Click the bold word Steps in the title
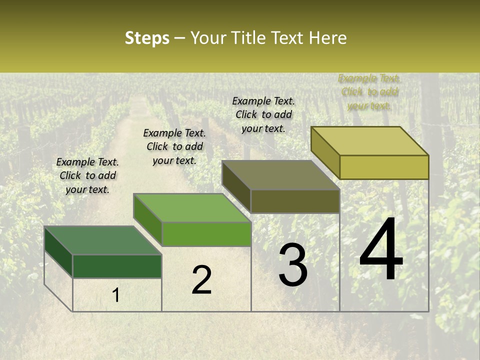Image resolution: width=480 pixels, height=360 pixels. [147, 38]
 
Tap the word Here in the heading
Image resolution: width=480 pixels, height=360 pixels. [327, 38]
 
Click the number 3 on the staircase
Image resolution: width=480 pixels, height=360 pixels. [293, 265]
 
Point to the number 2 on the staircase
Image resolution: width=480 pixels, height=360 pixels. [201, 280]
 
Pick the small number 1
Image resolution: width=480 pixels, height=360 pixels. [116, 295]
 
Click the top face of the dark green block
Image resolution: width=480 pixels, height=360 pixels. [103, 240]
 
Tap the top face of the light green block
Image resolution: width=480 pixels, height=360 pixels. [192, 208]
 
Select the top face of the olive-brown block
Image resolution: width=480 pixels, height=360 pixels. [281, 175]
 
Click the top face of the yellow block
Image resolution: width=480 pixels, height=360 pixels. [370, 141]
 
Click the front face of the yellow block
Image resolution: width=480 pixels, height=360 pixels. [384, 167]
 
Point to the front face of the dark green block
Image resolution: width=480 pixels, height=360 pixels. [117, 266]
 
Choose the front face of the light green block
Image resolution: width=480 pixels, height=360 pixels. [206, 233]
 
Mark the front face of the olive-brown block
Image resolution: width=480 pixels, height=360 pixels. [295, 201]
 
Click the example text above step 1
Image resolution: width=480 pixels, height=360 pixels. [87, 175]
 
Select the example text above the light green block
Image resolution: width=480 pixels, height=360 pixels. [174, 146]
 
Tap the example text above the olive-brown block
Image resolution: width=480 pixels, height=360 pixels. [263, 114]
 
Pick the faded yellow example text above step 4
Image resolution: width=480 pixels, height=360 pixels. [369, 92]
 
